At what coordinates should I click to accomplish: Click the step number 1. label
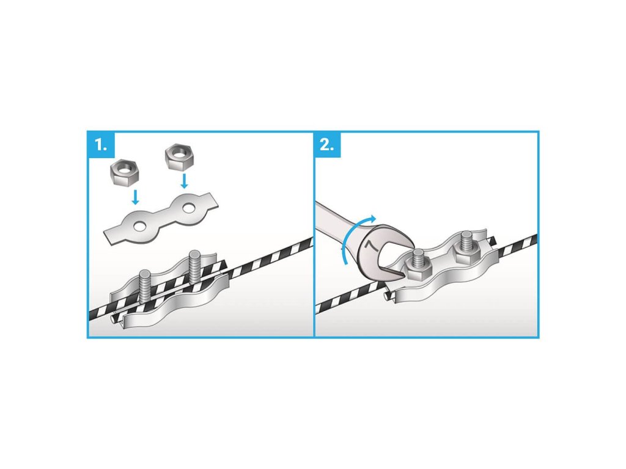101,145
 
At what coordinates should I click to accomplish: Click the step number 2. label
326,145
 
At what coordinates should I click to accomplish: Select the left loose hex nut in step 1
123,173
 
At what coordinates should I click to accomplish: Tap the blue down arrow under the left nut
136,197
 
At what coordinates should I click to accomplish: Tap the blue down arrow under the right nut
184,180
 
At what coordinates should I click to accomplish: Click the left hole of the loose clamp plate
140,227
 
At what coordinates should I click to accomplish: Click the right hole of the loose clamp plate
188,208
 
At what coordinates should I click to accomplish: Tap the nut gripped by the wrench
418,269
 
